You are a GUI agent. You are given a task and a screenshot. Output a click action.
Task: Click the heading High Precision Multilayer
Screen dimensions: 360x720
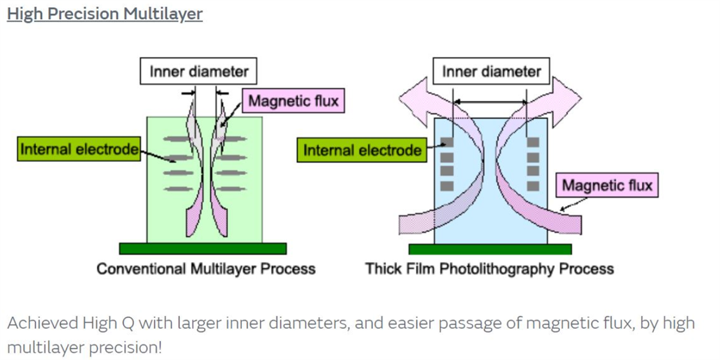(105, 14)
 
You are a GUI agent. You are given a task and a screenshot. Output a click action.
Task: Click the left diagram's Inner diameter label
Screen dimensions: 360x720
(199, 71)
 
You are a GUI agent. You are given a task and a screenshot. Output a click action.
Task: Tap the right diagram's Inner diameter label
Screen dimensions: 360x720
(491, 71)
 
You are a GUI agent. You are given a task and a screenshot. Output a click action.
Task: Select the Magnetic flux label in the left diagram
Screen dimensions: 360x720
(293, 101)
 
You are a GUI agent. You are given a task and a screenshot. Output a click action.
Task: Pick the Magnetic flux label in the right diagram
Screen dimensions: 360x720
(607, 185)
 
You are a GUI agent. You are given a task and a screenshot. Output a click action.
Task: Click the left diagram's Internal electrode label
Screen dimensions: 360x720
(79, 149)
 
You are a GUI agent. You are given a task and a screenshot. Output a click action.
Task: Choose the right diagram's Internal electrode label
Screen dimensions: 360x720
(362, 150)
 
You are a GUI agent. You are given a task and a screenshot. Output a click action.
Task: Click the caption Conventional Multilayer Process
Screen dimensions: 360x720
(206, 268)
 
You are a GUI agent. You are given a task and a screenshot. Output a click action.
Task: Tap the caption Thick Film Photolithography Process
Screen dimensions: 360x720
(489, 268)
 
